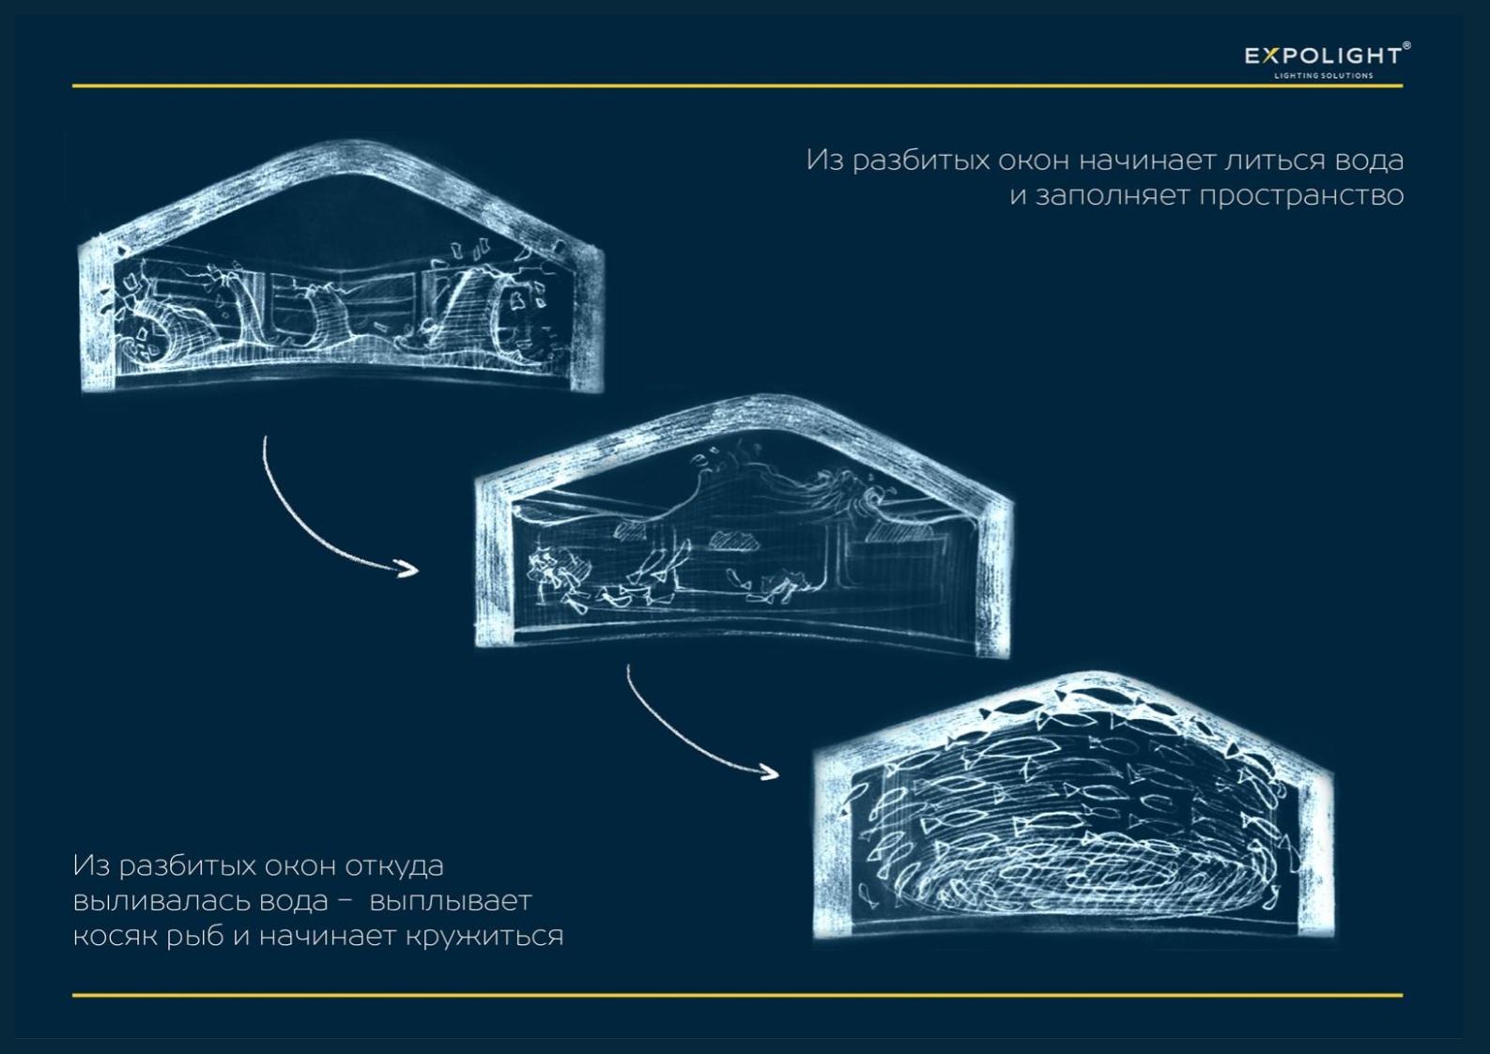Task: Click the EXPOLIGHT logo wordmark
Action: point(1324,55)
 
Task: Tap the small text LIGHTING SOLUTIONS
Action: point(1324,75)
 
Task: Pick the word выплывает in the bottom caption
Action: point(451,902)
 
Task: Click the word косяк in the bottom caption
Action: point(111,937)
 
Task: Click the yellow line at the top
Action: point(737,85)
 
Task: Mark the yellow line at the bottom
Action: point(737,996)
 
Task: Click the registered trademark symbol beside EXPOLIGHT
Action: point(1406,45)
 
